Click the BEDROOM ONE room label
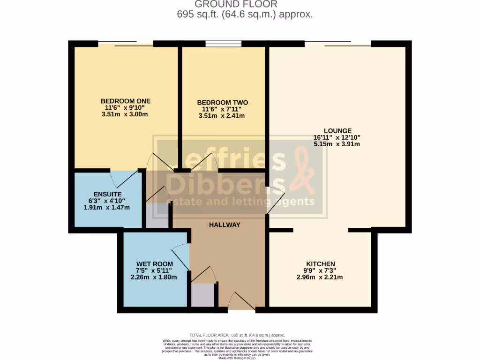(126, 101)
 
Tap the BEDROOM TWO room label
(222, 103)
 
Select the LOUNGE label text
(337, 131)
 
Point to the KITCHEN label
(320, 264)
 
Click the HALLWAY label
(225, 225)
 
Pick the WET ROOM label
(154, 264)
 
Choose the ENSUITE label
(108, 194)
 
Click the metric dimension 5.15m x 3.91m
(337, 144)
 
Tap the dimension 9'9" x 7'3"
(320, 270)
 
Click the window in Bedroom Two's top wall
(223, 44)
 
